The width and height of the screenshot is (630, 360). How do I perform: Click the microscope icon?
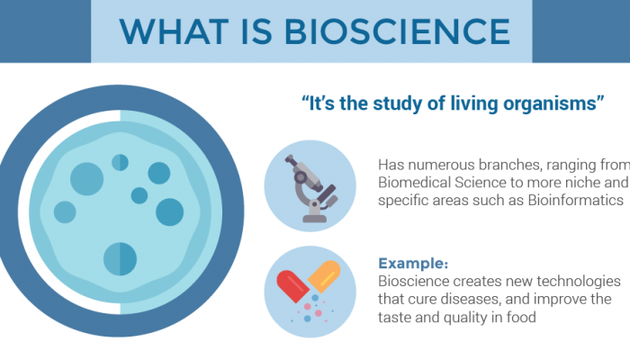coord(312,186)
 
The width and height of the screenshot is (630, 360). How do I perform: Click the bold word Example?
coord(413,264)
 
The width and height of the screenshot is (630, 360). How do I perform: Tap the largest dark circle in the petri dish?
coord(86,178)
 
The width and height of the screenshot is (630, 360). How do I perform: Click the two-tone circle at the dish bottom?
coord(120,258)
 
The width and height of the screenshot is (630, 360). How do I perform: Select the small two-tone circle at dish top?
coord(120,162)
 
